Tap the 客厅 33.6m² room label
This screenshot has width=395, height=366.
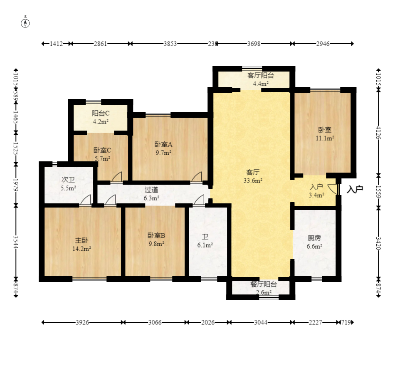click(253, 176)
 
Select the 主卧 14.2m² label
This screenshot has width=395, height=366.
click(81, 245)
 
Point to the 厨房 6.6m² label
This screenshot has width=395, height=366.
click(314, 242)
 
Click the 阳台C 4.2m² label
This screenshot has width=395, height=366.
click(101, 117)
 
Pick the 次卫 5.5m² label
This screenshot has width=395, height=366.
click(68, 184)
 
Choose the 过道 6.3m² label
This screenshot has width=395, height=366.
click(151, 194)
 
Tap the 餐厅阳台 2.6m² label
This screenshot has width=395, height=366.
click(264, 288)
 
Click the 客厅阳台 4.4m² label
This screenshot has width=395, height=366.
click(261, 79)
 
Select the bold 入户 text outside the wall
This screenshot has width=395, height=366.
click(355, 189)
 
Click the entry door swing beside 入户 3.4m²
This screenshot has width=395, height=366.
click(333, 189)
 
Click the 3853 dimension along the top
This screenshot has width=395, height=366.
click(170, 44)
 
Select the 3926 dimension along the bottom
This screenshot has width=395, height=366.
click(82, 322)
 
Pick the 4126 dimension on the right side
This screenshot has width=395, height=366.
click(378, 133)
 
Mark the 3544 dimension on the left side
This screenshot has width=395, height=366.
click(16, 242)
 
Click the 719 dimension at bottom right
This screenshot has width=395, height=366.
click(346, 322)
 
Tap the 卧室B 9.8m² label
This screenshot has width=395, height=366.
click(156, 240)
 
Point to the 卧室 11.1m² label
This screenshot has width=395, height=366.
click(325, 134)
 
